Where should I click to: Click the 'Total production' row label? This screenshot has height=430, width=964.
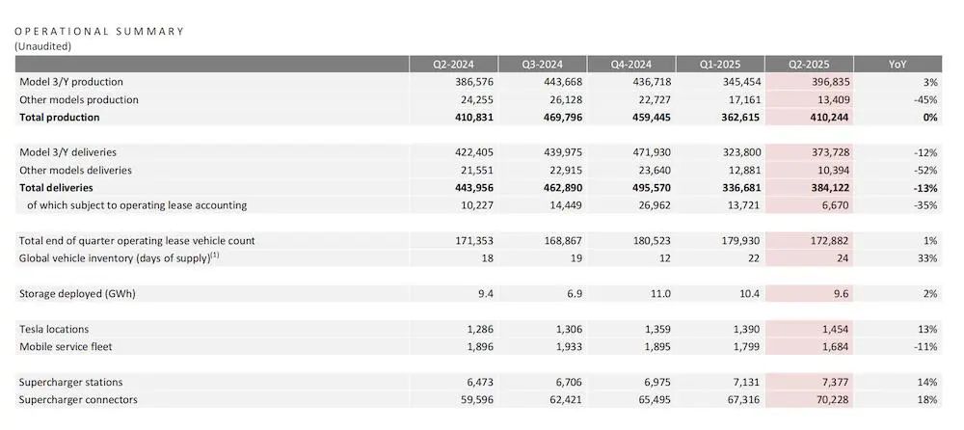(x=60, y=118)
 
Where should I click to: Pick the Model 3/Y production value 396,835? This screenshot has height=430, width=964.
(x=828, y=82)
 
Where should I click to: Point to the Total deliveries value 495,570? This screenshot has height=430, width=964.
(x=647, y=187)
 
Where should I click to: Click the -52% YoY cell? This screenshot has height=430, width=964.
(x=926, y=170)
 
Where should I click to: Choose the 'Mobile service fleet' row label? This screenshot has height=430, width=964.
(x=65, y=345)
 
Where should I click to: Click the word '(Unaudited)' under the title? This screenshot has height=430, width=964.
(x=43, y=45)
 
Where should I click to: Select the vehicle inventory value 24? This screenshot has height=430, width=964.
(x=843, y=257)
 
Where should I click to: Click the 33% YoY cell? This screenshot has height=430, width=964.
(x=928, y=257)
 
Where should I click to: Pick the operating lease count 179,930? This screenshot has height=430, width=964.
(x=736, y=240)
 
